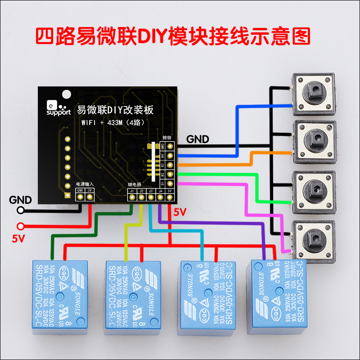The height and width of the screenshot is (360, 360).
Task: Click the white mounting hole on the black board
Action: pyautogui.click(x=67, y=94)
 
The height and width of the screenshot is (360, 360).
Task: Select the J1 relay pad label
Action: pyautogui.click(x=132, y=191)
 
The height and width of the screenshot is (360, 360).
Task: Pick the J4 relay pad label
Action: pyautogui.click(x=160, y=191)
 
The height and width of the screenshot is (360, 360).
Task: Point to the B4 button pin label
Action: pyautogui.click(x=162, y=156)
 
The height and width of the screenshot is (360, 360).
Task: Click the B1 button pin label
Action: pyautogui.click(x=162, y=183)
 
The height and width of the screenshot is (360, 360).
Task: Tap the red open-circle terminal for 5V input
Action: pyautogui.click(x=20, y=226)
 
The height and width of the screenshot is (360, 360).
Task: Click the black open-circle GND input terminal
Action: pyautogui.click(x=20, y=210)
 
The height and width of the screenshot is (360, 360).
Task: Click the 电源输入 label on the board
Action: pyautogui.click(x=85, y=184)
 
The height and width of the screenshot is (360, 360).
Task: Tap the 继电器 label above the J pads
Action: pyautogui.click(x=135, y=184)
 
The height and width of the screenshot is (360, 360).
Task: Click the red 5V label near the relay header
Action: pyautogui.click(x=180, y=211)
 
